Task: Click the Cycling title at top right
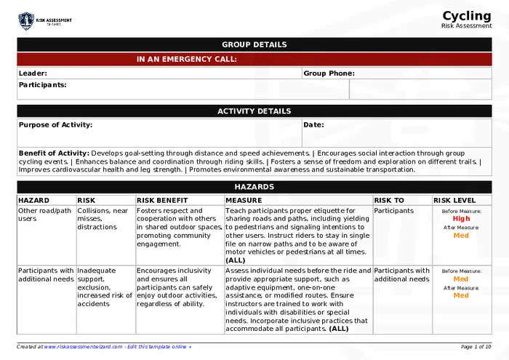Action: (x=467, y=16)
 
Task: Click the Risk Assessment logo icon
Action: (x=26, y=20)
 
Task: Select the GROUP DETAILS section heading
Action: (x=254, y=44)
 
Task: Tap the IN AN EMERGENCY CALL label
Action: (x=187, y=60)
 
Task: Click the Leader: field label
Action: (x=33, y=73)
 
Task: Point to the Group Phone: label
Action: (x=329, y=73)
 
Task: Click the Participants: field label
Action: (x=42, y=84)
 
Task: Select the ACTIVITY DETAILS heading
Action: (x=254, y=111)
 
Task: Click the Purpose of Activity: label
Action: (x=55, y=124)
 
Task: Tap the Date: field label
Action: (x=313, y=124)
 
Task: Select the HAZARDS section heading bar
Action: (x=254, y=187)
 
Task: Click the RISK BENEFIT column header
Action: (x=162, y=200)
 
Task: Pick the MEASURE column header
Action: (x=244, y=200)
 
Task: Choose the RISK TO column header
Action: (x=389, y=200)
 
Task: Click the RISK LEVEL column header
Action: (x=455, y=200)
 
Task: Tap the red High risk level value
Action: (x=461, y=218)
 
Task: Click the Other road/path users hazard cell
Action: (x=45, y=215)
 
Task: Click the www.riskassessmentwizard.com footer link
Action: (x=82, y=347)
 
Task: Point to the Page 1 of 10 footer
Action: (x=476, y=347)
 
